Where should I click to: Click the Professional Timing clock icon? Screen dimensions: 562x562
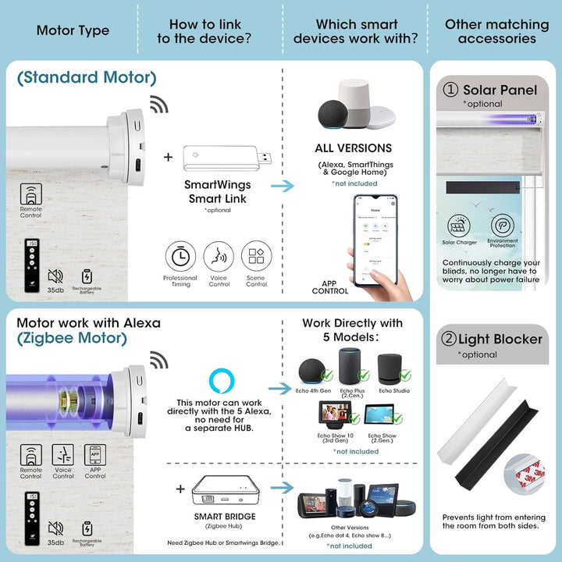pyautogui.click(x=180, y=257)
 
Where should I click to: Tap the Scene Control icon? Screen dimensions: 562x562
pyautogui.click(x=256, y=257)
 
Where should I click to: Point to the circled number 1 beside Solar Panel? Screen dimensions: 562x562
pyautogui.click(x=450, y=90)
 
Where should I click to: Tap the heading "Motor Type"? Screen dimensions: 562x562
pyautogui.click(x=73, y=31)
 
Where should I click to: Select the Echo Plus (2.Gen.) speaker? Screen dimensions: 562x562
pyautogui.click(x=349, y=366)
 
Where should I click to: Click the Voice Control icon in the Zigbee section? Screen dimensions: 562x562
pyautogui.click(x=62, y=455)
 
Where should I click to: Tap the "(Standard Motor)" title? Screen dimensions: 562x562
pyautogui.click(x=86, y=77)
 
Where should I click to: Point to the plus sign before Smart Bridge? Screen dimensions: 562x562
pyautogui.click(x=180, y=489)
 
